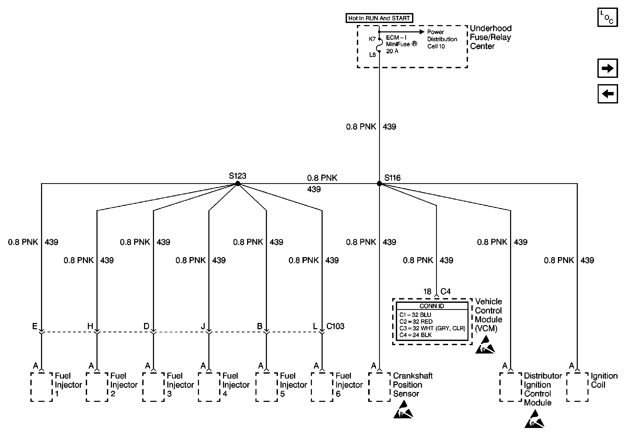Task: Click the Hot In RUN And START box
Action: (x=379, y=18)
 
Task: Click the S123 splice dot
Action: (x=238, y=183)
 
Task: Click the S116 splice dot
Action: (x=379, y=183)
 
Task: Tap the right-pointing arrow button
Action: (x=608, y=68)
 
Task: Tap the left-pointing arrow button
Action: (x=608, y=94)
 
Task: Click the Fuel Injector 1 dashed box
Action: (x=42, y=387)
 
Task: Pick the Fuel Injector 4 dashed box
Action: (x=209, y=387)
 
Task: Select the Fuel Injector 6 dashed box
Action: (x=322, y=387)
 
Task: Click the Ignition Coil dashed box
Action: (x=577, y=387)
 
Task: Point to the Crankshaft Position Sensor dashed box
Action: (x=379, y=387)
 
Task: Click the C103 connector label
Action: (x=335, y=326)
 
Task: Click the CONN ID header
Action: (x=432, y=306)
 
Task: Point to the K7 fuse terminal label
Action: (x=372, y=39)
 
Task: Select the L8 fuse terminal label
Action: (x=372, y=55)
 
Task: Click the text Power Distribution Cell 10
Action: (x=442, y=39)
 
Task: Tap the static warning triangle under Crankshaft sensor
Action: (x=403, y=410)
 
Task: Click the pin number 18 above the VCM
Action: (x=427, y=292)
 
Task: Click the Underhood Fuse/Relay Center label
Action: (x=490, y=37)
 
